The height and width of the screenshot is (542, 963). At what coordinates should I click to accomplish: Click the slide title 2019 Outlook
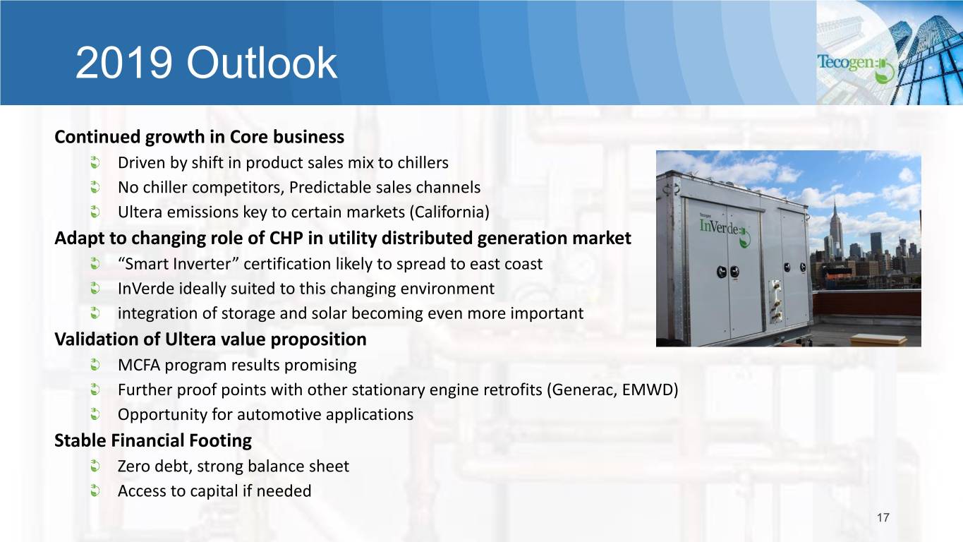pos(206,64)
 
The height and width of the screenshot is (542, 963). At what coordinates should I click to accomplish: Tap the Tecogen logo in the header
pos(855,67)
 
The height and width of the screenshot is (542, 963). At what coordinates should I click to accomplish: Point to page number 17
pos(883,517)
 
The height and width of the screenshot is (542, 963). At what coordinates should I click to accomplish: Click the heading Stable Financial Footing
pos(153,440)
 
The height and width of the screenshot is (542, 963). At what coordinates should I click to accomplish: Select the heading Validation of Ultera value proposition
pos(210,339)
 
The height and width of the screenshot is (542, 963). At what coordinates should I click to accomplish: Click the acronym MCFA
pos(139,365)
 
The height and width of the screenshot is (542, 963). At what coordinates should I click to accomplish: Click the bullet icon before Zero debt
pos(95,466)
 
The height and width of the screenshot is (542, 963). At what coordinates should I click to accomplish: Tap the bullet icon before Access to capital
pos(95,490)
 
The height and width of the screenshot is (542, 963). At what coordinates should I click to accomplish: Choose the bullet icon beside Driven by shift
pos(95,162)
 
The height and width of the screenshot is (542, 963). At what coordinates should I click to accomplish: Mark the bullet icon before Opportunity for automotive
pos(95,414)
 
